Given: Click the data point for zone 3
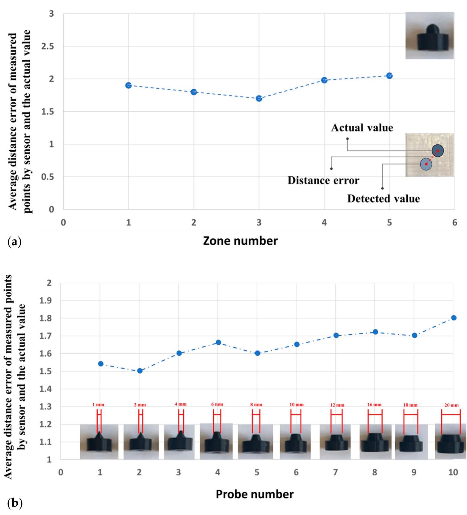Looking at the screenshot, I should pos(259,98).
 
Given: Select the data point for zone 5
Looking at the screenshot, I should pos(389,76).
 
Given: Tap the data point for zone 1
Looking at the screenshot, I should pos(129,85).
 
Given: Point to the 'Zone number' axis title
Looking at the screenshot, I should pos(240,241).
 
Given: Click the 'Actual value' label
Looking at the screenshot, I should pos(362,128).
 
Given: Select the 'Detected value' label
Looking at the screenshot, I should pos(383,199).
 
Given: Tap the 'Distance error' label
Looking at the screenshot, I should pos(323,181).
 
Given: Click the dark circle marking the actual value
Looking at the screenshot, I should pos(438,151).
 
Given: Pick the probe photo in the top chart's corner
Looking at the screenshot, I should pos(429,36).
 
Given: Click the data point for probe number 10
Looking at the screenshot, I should pos(454,318).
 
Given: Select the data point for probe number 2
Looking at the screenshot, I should pos(140,371).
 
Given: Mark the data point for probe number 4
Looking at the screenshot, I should pos(218,342).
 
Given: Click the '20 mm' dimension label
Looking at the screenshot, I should pos(451,405).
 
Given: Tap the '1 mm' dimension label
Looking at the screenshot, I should pos(98,405).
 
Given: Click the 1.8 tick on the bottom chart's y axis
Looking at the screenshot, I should pos(46,318).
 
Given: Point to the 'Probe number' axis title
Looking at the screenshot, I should pos(255,494).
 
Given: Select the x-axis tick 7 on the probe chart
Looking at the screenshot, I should pos(335,472).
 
